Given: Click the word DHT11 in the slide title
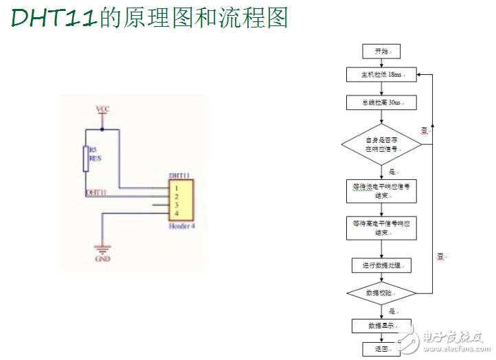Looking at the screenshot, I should (x=54, y=18).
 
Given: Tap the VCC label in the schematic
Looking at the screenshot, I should (x=102, y=109).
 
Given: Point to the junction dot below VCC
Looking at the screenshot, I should (x=102, y=128).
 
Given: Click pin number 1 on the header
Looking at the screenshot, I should (x=177, y=188).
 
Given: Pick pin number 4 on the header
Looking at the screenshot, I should (x=177, y=214).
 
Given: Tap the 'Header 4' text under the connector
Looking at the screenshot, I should (x=182, y=225).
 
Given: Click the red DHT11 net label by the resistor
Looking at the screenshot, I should (x=95, y=194).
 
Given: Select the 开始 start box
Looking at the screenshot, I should (x=381, y=52).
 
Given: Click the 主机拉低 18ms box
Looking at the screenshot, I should (x=381, y=74).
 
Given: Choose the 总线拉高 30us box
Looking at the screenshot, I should (x=381, y=102).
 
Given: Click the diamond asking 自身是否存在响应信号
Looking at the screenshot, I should (x=381, y=144).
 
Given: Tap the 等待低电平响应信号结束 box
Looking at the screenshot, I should (x=381, y=190).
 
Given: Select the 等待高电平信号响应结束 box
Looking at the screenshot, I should (x=381, y=227).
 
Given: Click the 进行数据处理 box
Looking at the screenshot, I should (x=381, y=265).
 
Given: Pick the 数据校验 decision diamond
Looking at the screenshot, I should (x=381, y=293).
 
